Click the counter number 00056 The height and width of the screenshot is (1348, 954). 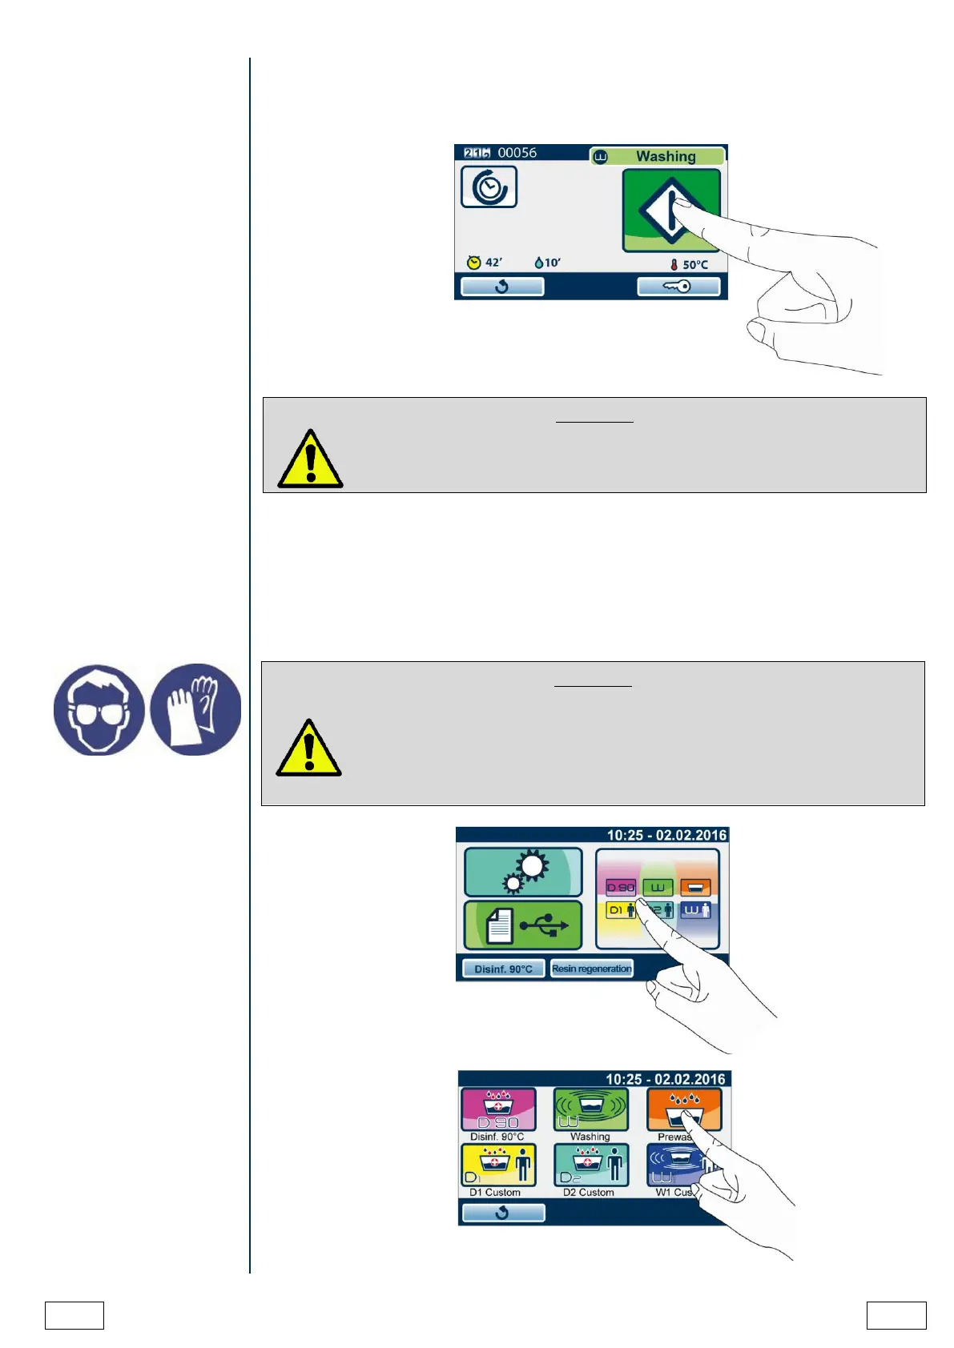point(517,153)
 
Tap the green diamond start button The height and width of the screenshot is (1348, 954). point(671,210)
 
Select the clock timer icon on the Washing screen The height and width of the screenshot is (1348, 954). point(489,187)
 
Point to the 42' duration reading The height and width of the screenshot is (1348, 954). point(485,263)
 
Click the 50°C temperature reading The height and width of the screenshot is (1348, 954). point(690,264)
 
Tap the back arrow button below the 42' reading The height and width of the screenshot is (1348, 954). point(502,287)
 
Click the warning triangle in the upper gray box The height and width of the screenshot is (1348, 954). point(310,459)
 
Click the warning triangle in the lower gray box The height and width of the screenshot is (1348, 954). point(308,748)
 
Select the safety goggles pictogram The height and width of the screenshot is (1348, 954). point(99,710)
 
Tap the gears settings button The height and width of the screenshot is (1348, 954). point(523,872)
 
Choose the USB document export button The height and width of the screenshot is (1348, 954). point(523,925)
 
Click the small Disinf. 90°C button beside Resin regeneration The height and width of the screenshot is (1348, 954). point(503,969)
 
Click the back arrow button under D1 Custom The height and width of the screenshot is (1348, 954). point(502,1213)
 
